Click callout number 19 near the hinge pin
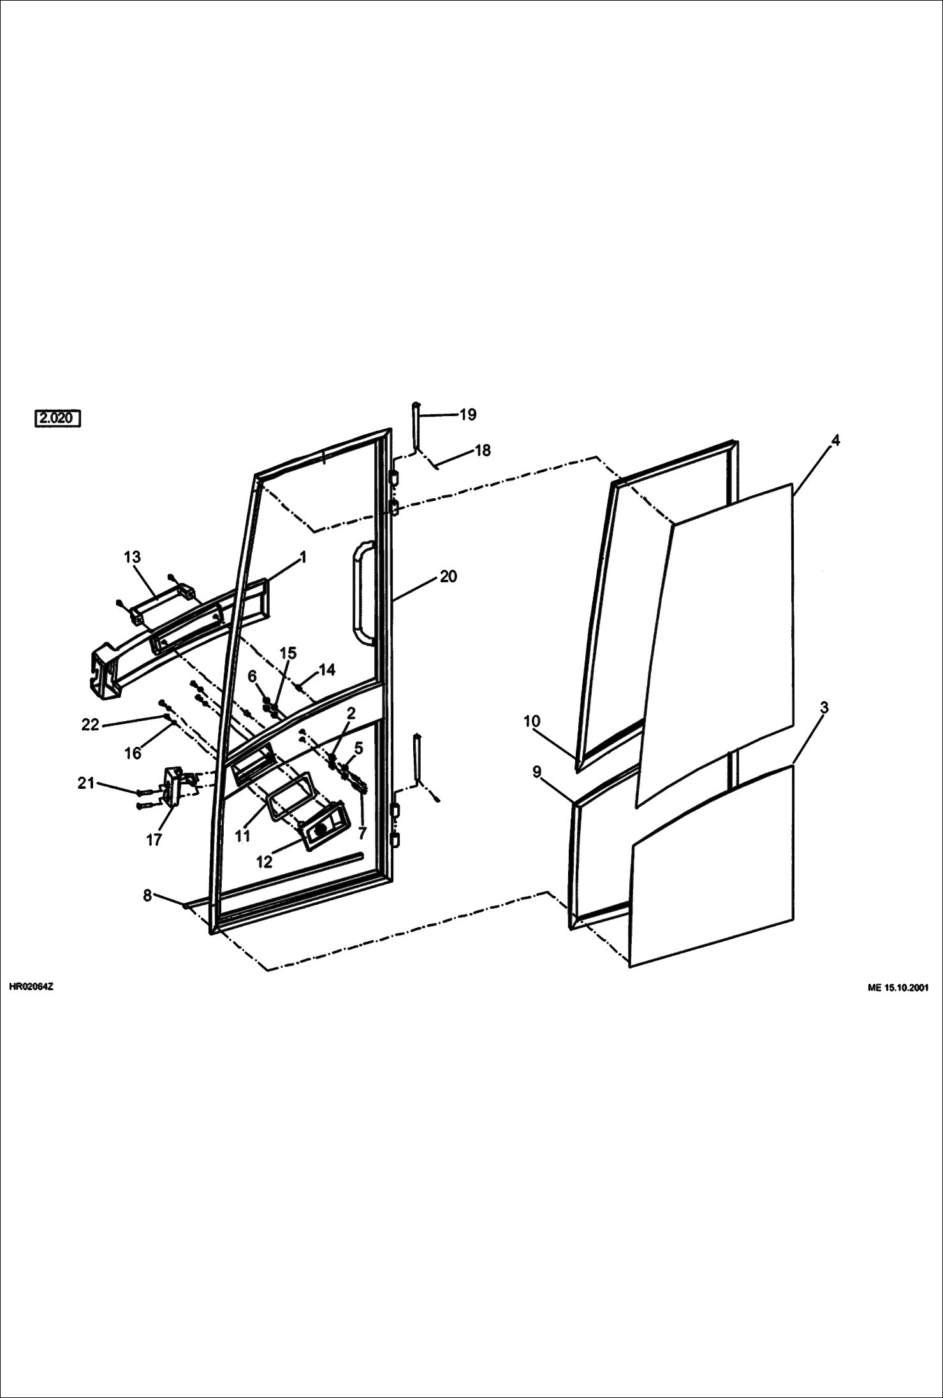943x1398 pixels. click(x=467, y=415)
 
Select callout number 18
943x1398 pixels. click(x=483, y=450)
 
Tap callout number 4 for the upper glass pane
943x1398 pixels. click(x=835, y=440)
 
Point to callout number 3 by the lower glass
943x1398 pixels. click(x=824, y=707)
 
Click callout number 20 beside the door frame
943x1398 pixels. click(x=448, y=576)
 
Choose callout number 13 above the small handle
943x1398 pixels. click(x=132, y=557)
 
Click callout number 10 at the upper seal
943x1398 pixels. click(x=532, y=721)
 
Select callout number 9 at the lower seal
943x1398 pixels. click(x=536, y=772)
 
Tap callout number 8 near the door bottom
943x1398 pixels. click(x=147, y=895)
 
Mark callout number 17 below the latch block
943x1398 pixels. click(x=154, y=840)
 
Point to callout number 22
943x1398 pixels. click(x=91, y=724)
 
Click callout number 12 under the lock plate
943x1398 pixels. click(x=264, y=861)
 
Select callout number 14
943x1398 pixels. click(x=327, y=670)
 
